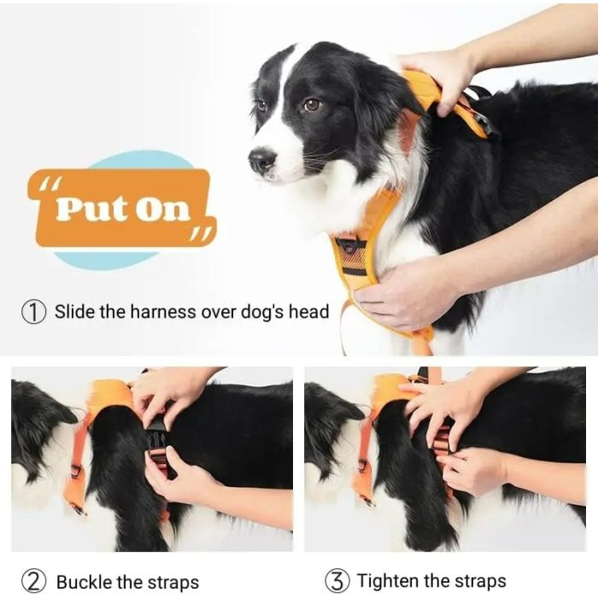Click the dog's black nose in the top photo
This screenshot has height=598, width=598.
click(261, 160)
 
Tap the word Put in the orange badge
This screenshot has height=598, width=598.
click(89, 208)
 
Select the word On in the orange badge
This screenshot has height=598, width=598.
click(161, 208)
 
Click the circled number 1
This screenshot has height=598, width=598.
click(33, 312)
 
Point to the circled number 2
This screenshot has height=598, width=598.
click(33, 582)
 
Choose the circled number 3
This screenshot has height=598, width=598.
click(337, 582)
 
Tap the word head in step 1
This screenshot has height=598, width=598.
click(308, 312)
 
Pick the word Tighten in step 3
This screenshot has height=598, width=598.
click(389, 582)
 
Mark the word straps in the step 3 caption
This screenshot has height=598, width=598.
click(478, 582)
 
